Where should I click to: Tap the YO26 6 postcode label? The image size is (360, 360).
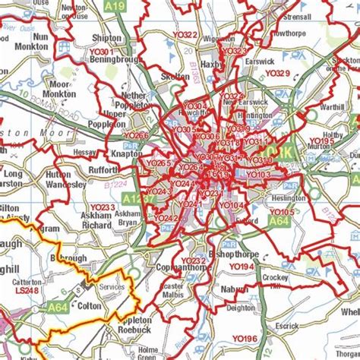[x=137, y=136]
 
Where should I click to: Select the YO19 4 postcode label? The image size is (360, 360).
[x=241, y=267]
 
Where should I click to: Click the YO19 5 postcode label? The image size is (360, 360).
[x=322, y=141]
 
